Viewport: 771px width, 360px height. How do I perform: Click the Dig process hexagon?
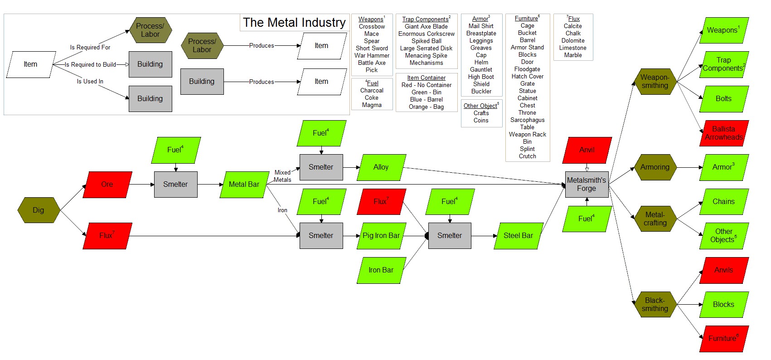click(39, 210)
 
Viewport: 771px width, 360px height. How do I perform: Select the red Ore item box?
click(107, 185)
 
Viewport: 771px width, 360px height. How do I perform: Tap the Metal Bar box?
click(244, 185)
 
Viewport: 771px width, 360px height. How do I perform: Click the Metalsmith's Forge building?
click(587, 185)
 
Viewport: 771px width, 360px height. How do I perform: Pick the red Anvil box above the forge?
click(587, 150)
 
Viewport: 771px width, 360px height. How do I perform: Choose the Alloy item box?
click(381, 167)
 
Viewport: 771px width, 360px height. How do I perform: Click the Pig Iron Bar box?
click(381, 236)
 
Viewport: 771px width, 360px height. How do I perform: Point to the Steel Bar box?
click(518, 236)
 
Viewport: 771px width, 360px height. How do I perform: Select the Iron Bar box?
click(381, 270)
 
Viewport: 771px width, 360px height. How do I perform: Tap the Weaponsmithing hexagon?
click(655, 82)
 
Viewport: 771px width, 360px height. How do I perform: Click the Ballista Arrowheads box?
click(724, 133)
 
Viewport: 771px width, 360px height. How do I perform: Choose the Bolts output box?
click(724, 99)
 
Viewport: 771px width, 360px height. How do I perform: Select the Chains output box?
click(724, 202)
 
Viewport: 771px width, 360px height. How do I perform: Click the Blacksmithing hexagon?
click(655, 305)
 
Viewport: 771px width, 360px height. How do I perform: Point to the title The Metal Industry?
click(294, 22)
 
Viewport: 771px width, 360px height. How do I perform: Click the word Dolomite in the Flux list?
click(573, 41)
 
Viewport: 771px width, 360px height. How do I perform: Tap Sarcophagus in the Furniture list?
click(528, 120)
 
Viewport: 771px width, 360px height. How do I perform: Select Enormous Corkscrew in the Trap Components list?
click(427, 34)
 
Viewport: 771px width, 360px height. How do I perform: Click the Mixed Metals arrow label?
click(282, 176)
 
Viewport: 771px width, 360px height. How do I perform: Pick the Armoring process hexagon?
click(655, 167)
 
